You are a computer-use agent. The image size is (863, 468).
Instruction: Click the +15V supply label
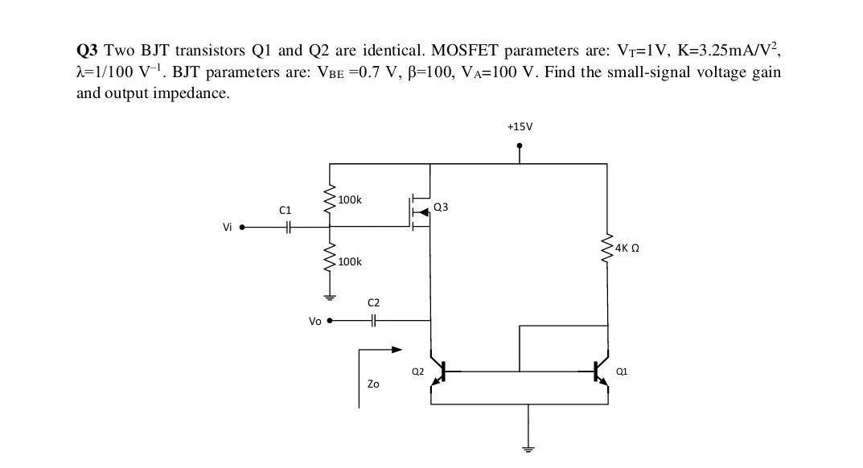(x=520, y=127)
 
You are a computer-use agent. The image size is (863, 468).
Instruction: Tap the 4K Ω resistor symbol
(x=606, y=248)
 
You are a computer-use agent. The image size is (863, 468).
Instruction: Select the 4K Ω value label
(x=627, y=248)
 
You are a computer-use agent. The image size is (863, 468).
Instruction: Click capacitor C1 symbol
(x=287, y=228)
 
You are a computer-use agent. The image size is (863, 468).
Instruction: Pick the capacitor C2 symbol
(x=373, y=320)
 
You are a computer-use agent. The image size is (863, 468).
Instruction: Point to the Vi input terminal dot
(x=241, y=228)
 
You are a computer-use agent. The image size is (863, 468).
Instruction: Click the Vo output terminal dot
(x=329, y=320)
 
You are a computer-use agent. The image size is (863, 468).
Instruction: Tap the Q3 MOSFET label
(x=441, y=207)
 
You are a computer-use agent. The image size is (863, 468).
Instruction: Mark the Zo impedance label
(x=373, y=384)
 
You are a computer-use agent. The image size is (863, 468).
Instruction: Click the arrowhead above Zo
(x=396, y=350)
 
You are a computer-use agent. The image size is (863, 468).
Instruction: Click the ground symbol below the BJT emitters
(x=528, y=447)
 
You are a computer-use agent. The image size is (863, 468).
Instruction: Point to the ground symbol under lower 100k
(x=330, y=297)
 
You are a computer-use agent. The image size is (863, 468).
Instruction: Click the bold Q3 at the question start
(x=87, y=51)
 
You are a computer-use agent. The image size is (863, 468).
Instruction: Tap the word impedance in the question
(x=191, y=93)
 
